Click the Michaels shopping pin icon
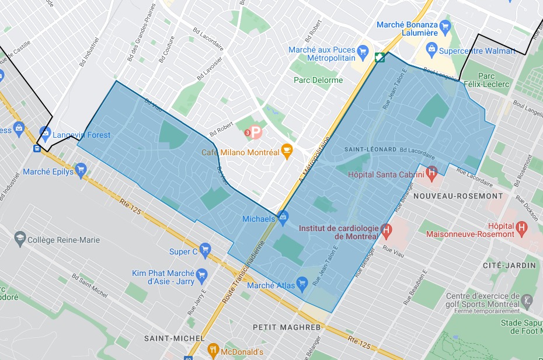click(283, 218)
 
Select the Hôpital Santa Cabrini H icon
click(431, 173)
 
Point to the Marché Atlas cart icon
click(302, 285)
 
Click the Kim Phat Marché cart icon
click(201, 274)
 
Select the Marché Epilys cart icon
click(81, 172)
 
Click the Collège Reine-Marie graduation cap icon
click(20, 239)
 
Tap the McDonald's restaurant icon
click(213, 351)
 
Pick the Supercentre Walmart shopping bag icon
click(431, 50)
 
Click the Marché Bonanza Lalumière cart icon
click(445, 26)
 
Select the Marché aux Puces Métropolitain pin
click(362, 51)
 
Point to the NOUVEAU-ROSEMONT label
click(458, 196)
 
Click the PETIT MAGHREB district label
click(287, 327)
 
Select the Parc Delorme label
click(318, 80)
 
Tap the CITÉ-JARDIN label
click(509, 265)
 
